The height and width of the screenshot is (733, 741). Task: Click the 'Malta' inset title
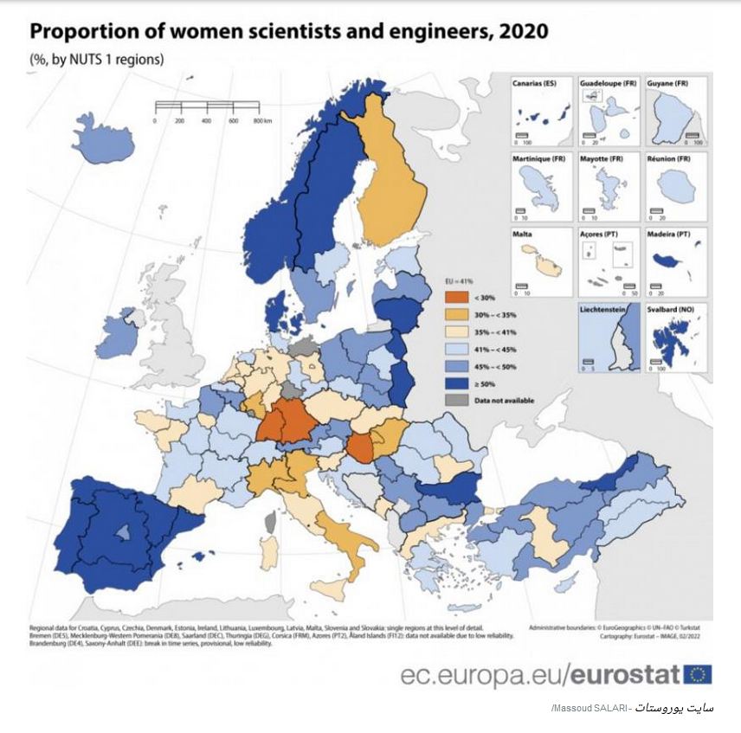(522, 234)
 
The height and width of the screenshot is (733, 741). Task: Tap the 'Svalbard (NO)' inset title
(670, 309)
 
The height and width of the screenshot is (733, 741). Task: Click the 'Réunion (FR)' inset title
(667, 158)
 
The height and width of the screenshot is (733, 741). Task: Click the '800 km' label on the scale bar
(263, 120)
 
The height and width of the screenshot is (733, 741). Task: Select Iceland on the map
(103, 148)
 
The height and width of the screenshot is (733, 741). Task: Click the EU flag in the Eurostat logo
(697, 674)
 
